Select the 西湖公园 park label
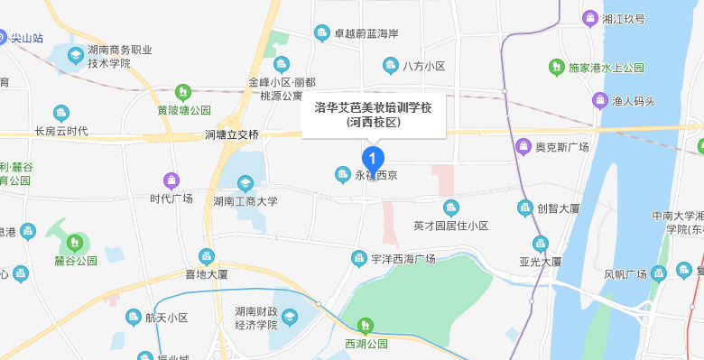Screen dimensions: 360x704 pos(366,344)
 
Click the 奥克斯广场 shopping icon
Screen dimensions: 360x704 pos(522,146)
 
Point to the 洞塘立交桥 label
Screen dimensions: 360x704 pos(232,134)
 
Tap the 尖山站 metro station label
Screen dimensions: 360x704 pos(26,38)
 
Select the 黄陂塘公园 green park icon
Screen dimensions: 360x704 pos(183,91)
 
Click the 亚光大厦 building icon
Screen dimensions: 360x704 pos(541,243)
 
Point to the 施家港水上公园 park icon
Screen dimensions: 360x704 pos(557,67)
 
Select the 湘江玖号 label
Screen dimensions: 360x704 pos(624,17)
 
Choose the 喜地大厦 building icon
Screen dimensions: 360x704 pos(207,256)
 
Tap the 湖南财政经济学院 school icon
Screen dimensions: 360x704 pos(289,317)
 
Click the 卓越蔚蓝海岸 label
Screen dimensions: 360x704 pos(366,34)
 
